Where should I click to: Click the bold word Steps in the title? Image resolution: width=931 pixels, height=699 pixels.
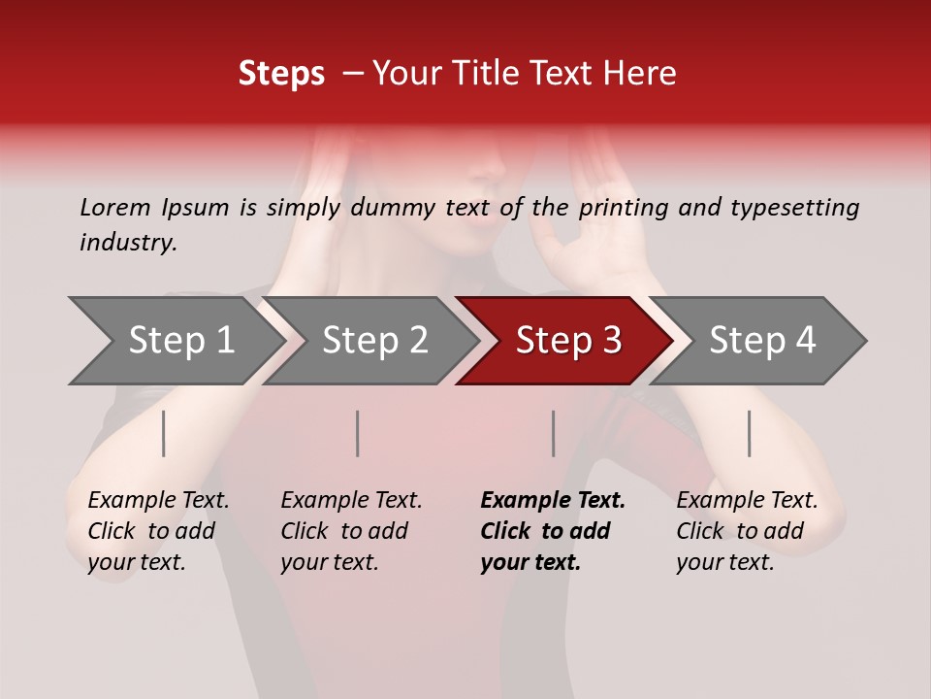(281, 74)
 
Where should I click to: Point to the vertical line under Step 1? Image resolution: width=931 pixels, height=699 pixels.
(164, 433)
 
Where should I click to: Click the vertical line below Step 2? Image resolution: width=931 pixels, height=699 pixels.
(358, 433)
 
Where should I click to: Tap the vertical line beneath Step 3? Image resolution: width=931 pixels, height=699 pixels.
(554, 433)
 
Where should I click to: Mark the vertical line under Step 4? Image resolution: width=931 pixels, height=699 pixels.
(750, 433)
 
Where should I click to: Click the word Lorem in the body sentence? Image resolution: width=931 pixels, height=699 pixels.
(115, 207)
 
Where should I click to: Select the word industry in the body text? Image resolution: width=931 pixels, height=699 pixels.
(128, 243)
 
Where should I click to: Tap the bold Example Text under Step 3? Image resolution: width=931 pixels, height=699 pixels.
(553, 501)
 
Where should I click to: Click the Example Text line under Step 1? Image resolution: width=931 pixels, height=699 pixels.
(158, 501)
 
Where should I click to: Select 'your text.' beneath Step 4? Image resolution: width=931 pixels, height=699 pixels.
(724, 562)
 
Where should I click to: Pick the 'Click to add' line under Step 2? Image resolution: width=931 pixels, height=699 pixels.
(344, 531)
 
